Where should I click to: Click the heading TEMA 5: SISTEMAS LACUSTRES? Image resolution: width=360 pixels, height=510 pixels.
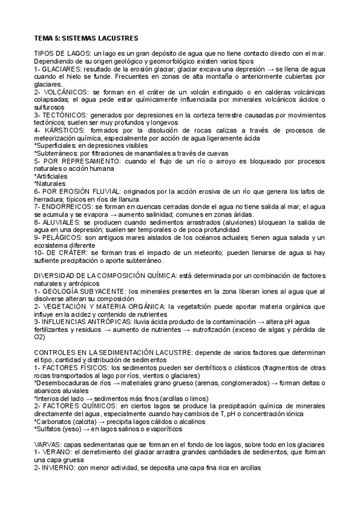point(87,38)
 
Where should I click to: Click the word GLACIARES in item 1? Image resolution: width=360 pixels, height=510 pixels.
point(56,69)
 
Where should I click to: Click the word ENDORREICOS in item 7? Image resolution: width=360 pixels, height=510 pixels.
point(63,206)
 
